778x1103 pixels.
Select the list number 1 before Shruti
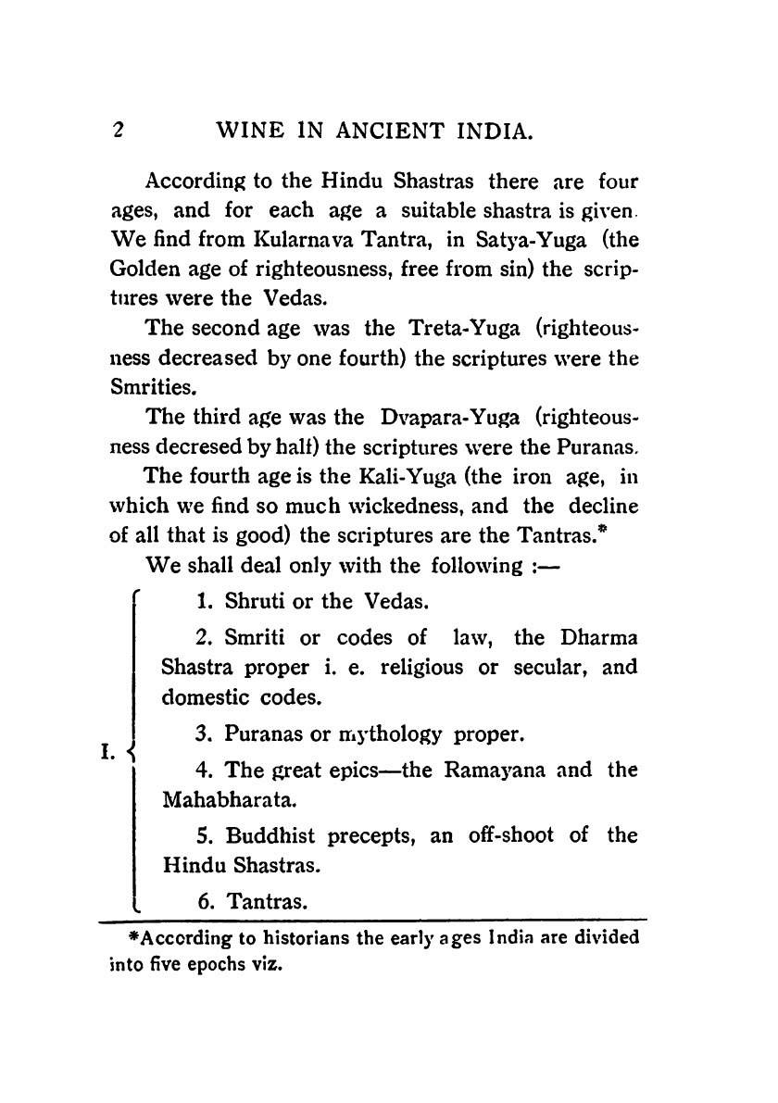pos(202,603)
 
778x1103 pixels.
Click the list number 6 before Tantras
pos(204,900)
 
